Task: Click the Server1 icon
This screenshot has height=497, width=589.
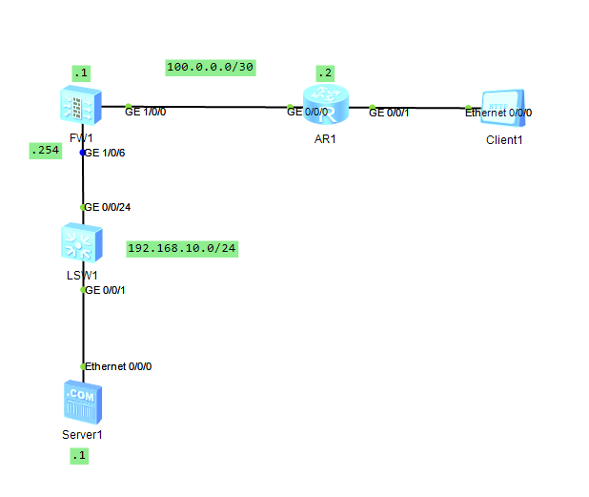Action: (82, 402)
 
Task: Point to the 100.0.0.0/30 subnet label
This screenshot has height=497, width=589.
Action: (211, 67)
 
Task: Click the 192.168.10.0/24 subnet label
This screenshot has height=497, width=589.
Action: (182, 249)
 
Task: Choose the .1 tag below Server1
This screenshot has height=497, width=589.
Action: (78, 456)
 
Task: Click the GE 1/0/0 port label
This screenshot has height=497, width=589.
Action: (146, 112)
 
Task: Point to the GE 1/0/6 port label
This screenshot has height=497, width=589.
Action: (105, 152)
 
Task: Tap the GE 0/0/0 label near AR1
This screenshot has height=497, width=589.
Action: (308, 112)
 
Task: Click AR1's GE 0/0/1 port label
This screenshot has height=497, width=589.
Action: (390, 113)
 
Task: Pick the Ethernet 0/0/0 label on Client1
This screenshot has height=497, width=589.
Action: (498, 113)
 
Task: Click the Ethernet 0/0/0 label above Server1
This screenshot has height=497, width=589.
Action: (119, 366)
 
